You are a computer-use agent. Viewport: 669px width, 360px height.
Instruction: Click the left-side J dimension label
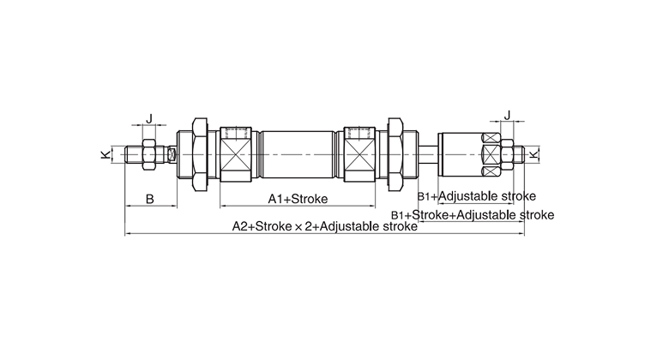(x=150, y=119)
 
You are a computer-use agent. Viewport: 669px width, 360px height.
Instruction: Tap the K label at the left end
(x=105, y=155)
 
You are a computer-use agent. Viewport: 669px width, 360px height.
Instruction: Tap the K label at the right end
(x=536, y=154)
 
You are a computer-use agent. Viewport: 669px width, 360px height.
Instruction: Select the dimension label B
(x=149, y=199)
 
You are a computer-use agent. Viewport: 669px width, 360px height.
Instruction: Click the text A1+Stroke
(x=298, y=199)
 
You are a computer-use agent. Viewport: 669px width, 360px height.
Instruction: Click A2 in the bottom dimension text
(x=241, y=227)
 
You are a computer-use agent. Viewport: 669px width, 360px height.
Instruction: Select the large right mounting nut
(x=395, y=154)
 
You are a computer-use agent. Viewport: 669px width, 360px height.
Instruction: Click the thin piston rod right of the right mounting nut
(x=426, y=155)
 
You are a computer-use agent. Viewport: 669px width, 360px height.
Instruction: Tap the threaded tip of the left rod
(x=131, y=155)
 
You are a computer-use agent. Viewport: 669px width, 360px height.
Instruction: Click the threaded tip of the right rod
(x=520, y=155)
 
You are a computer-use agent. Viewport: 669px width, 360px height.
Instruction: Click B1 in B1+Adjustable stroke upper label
(x=426, y=196)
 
